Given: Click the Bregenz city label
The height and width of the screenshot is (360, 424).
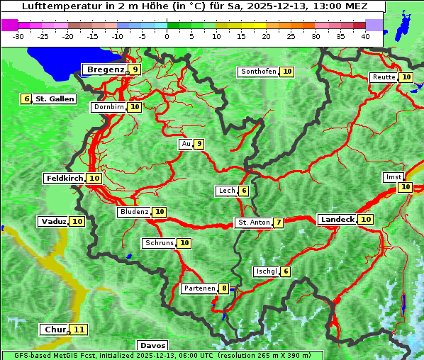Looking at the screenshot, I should click(106, 69).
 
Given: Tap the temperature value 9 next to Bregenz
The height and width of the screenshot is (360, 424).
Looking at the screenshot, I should click(135, 69).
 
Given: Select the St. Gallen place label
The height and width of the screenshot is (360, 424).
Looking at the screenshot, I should click(55, 99).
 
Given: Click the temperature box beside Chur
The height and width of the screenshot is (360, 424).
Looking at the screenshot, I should click(79, 330).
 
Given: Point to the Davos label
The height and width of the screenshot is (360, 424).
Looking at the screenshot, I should click(152, 346).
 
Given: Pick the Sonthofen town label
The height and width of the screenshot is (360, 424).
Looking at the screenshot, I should click(258, 72).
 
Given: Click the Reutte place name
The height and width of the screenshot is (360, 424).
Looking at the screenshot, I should click(384, 77).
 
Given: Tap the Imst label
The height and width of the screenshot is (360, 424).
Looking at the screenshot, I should click(393, 176).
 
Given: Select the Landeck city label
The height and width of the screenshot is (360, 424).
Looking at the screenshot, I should click(337, 220).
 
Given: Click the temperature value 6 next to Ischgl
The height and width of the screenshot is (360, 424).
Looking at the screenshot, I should click(285, 271).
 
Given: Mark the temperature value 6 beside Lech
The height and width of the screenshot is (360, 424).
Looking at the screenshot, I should click(244, 191).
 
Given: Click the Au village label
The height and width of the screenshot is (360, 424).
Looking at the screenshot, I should click(186, 144).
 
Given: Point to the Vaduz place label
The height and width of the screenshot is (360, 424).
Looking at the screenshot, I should click(54, 222).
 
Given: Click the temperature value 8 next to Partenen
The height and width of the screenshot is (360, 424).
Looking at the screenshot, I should click(224, 288).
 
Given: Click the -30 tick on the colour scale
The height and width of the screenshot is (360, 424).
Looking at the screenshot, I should click(19, 36).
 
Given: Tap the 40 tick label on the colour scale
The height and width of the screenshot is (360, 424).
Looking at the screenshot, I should click(365, 36).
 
